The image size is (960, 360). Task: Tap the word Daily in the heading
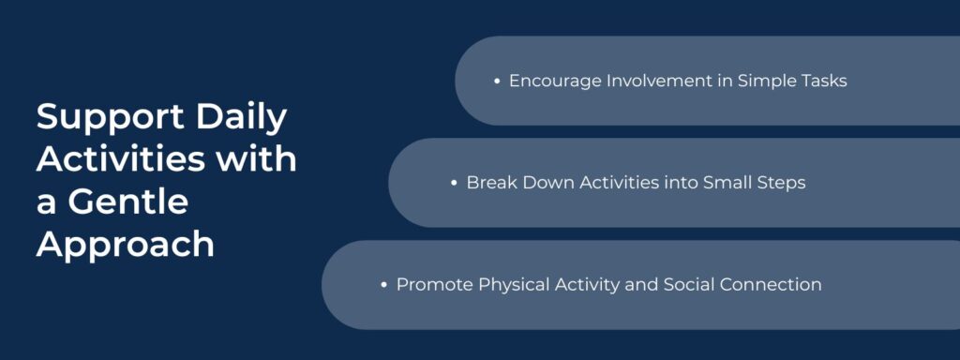point(242,119)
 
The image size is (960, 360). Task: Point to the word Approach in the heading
point(126,244)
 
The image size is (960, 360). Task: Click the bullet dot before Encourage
point(497,82)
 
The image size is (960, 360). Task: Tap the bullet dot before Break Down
point(455,183)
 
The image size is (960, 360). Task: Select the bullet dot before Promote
point(384,284)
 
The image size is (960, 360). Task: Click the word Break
point(490,183)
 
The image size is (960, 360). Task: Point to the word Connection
point(771,284)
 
